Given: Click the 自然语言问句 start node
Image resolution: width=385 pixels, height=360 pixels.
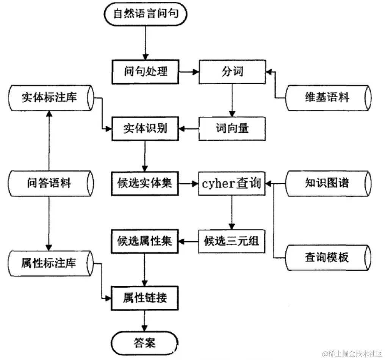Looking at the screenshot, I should tap(145, 14).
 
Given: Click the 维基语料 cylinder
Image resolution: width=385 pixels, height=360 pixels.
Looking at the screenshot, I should tap(327, 98).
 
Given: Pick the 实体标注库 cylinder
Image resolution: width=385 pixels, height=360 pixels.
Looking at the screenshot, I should tap(49, 98).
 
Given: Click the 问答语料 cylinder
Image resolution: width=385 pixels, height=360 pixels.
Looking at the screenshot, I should tap(49, 184).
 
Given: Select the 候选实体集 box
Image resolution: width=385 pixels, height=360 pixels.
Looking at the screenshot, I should tap(145, 183).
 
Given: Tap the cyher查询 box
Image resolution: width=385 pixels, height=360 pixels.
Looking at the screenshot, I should tap(232, 183).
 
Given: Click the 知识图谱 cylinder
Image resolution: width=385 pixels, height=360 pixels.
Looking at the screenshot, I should tap(327, 184).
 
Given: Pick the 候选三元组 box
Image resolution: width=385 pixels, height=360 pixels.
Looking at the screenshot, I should tap(232, 241).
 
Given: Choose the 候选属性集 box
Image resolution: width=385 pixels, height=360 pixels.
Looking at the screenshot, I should tap(145, 241).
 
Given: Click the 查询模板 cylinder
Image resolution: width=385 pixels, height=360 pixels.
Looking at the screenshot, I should tap(327, 258).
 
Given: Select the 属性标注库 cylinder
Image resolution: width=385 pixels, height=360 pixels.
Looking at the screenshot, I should tap(49, 263).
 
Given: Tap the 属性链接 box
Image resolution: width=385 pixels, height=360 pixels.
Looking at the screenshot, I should tap(145, 298).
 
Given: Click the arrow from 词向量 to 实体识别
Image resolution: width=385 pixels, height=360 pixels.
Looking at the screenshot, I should tap(188, 129).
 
